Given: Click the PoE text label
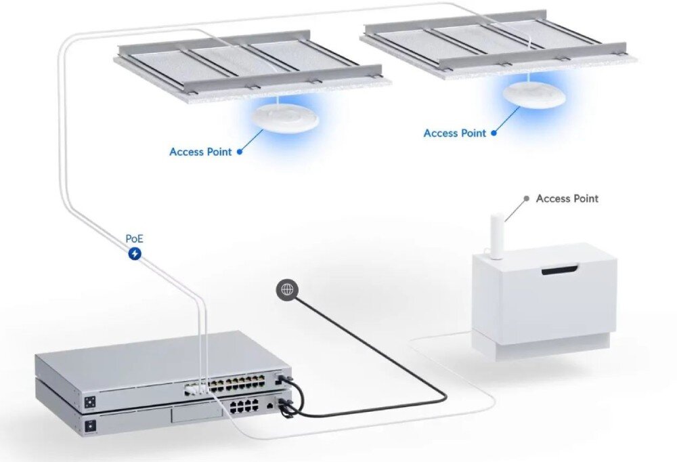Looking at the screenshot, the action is tap(134, 238).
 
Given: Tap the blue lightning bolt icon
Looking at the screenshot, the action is tap(135, 253).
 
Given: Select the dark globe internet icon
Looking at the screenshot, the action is tap(287, 289).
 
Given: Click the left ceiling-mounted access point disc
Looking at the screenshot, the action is tap(286, 117).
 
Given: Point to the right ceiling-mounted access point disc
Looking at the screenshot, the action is tap(534, 93).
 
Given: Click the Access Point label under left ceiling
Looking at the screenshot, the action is tap(201, 152).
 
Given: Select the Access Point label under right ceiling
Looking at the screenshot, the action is tap(455, 133).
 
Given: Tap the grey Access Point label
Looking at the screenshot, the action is tap(567, 198).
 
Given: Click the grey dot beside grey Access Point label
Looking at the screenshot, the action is tap(526, 198).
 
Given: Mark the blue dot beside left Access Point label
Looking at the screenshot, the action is tap(240, 152).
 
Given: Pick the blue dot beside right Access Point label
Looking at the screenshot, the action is tap(494, 133).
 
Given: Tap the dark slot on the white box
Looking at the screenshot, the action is tap(560, 270).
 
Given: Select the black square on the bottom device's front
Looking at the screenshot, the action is tap(91, 425).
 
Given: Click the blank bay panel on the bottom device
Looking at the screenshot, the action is tap(196, 414).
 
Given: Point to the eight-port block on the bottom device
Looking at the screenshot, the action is tap(244, 406).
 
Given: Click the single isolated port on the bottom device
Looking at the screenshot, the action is tap(269, 406).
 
